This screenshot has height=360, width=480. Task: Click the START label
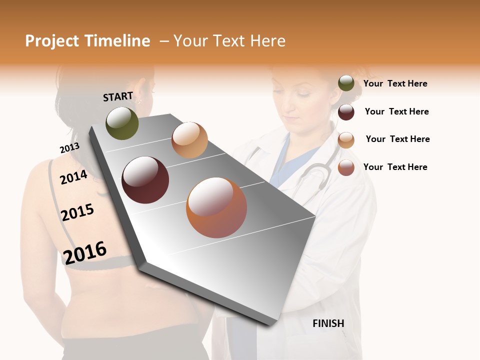[118, 96]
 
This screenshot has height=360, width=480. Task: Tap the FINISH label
[328, 323]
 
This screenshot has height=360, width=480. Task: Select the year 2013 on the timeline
[69, 148]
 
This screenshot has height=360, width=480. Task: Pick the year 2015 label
[77, 212]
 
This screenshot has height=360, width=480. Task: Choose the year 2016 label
[85, 252]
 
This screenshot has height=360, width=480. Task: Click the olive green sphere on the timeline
[122, 123]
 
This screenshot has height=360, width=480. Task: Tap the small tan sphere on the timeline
[189, 140]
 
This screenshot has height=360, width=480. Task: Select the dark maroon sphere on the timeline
[145, 180]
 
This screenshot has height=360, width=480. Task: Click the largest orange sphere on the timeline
[216, 207]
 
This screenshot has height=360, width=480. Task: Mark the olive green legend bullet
[346, 83]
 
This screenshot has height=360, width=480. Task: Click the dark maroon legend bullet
[346, 111]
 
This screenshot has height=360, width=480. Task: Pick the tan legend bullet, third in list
[346, 139]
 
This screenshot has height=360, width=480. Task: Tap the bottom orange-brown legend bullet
[346, 167]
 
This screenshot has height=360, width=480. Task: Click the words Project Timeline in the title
[87, 41]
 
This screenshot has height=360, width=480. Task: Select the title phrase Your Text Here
[229, 41]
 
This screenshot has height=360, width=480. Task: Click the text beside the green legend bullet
[395, 83]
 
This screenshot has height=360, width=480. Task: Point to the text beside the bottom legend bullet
[395, 167]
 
